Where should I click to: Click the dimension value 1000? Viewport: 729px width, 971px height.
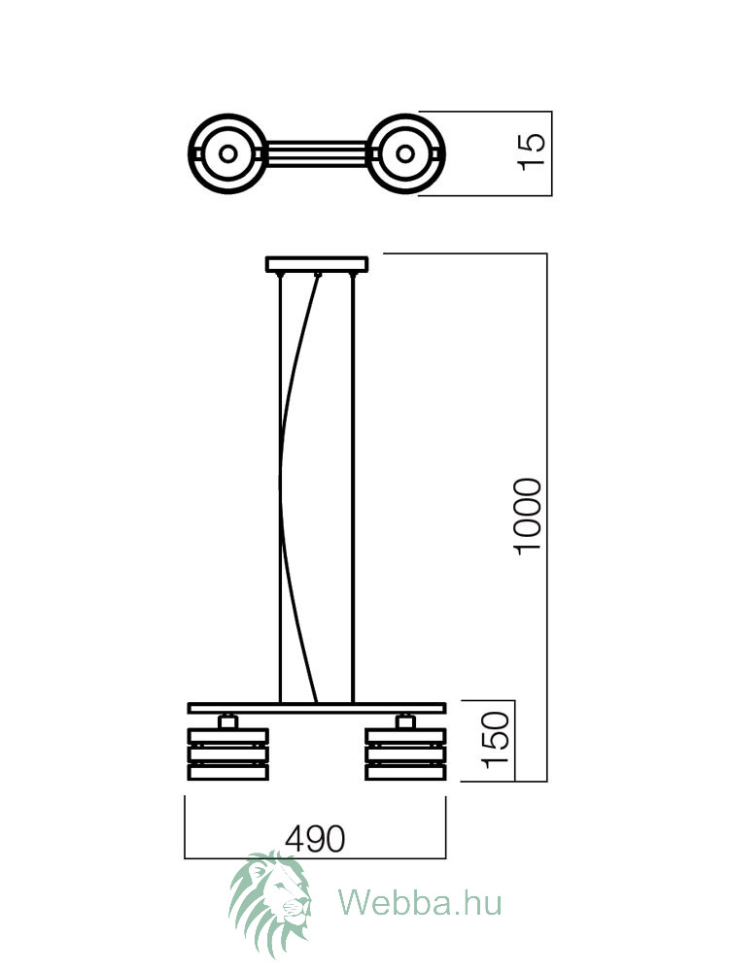tap(529, 517)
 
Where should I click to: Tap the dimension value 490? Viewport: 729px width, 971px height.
tap(315, 839)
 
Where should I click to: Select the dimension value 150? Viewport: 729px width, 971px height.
tap(496, 740)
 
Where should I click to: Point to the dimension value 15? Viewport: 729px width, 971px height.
tap(532, 151)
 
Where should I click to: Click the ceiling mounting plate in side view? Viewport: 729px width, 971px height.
tap(317, 264)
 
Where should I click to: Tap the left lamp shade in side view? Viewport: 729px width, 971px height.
tap(228, 753)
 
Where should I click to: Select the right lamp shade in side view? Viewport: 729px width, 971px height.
tap(406, 753)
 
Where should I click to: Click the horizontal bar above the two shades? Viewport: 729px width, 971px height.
tap(317, 708)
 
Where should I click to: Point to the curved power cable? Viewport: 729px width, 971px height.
tap(281, 483)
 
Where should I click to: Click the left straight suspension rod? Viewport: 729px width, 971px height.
tap(280, 488)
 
